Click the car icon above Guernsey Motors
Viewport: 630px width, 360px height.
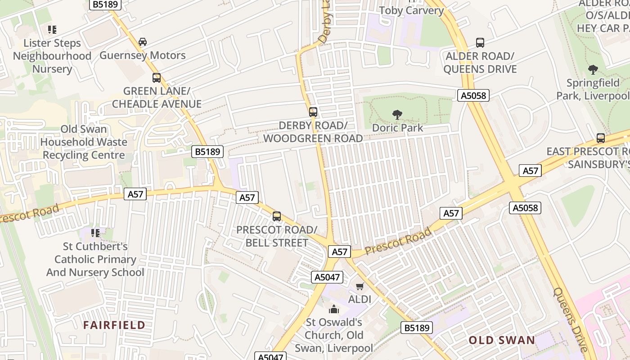[x=143, y=42]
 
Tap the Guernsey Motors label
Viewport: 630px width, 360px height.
[x=143, y=55]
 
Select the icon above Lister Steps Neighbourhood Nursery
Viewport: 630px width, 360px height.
[x=52, y=30]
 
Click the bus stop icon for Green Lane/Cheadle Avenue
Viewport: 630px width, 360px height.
[x=157, y=77]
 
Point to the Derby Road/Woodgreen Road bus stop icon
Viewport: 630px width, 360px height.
[x=313, y=112]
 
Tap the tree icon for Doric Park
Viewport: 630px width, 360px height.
[x=397, y=115]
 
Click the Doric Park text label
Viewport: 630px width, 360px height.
[x=398, y=128]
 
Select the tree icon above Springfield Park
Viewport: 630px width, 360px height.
[x=593, y=70]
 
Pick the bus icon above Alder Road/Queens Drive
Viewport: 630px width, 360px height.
[x=480, y=43]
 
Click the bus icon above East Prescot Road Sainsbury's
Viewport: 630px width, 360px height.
[x=601, y=138]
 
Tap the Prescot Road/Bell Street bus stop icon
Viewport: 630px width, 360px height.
[x=277, y=216]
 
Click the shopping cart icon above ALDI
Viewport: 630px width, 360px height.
[x=360, y=286]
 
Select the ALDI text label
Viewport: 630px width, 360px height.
[x=360, y=299]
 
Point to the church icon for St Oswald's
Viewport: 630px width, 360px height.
[x=334, y=309]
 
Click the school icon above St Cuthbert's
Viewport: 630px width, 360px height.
[x=95, y=233]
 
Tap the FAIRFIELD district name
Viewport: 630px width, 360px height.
[x=114, y=325]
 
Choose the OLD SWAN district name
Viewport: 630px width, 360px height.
[x=502, y=340]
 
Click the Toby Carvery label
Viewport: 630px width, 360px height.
[x=411, y=10]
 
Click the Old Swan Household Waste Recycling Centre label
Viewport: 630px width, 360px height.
[x=84, y=142]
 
